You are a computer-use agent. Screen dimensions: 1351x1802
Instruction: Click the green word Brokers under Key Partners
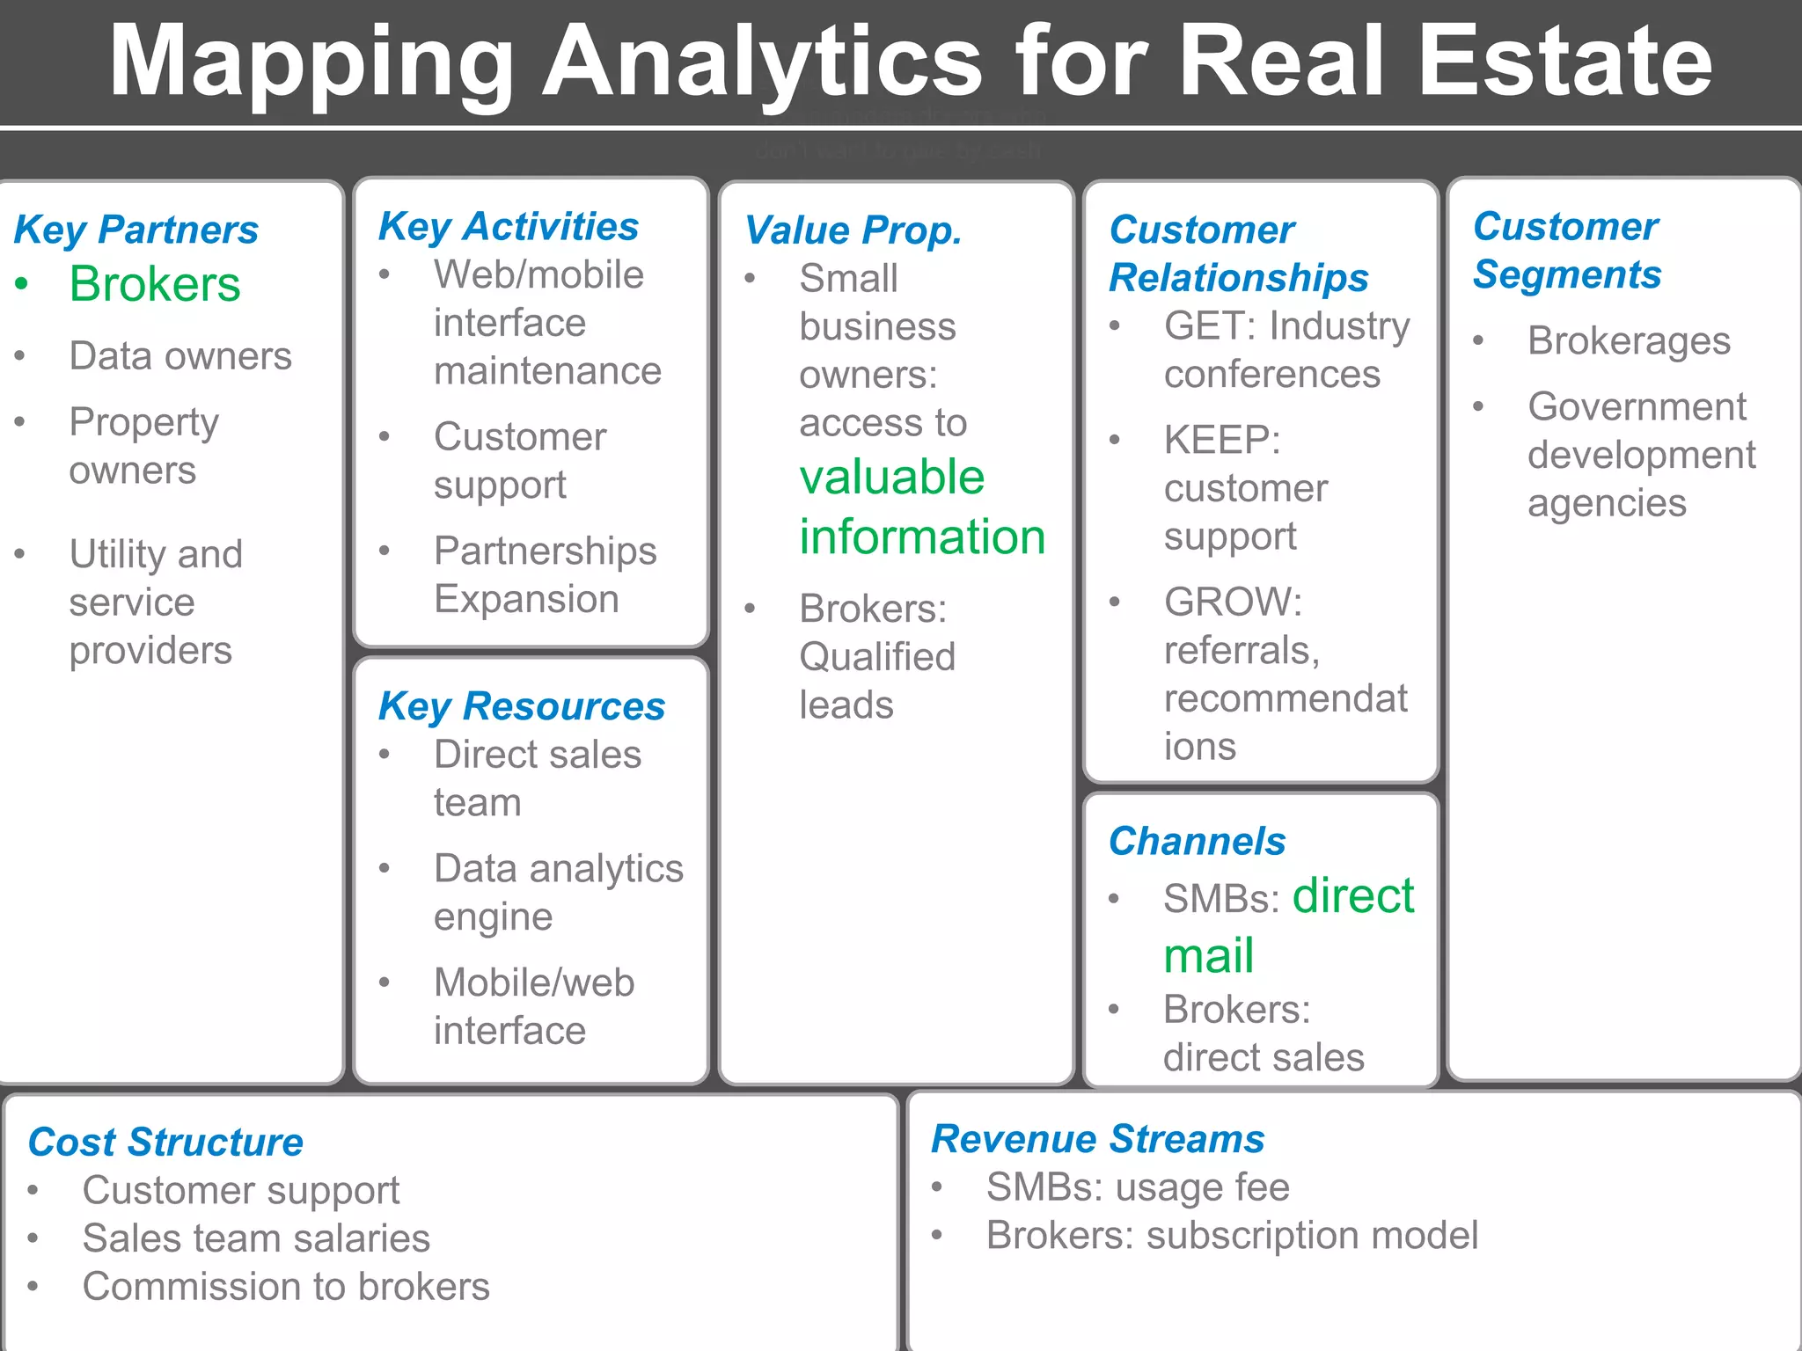pos(155,284)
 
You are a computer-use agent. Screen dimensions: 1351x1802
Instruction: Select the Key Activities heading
pos(509,227)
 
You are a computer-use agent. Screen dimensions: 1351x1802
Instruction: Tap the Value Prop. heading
pos(853,230)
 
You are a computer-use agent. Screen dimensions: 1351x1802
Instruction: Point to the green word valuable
pos(892,478)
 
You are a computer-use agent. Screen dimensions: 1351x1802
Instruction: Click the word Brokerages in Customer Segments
pos(1629,341)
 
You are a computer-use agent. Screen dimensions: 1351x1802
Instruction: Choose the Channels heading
pos(1197,841)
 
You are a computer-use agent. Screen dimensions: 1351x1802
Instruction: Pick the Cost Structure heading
pos(165,1142)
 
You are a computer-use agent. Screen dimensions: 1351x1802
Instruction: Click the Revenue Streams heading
pos(1097,1138)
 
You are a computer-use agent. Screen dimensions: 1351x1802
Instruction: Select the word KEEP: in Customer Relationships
pos(1221,440)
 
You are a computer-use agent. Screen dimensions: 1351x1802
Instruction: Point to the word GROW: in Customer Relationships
pos(1233,602)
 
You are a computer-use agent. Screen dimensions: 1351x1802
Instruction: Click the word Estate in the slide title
pos(1565,62)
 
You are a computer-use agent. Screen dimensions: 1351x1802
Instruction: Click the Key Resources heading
pos(521,706)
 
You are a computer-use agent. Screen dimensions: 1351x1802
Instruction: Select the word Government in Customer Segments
pos(1637,407)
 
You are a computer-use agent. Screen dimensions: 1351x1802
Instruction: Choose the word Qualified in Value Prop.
pos(877,657)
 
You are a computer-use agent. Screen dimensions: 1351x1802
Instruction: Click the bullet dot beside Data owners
pos(20,356)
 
